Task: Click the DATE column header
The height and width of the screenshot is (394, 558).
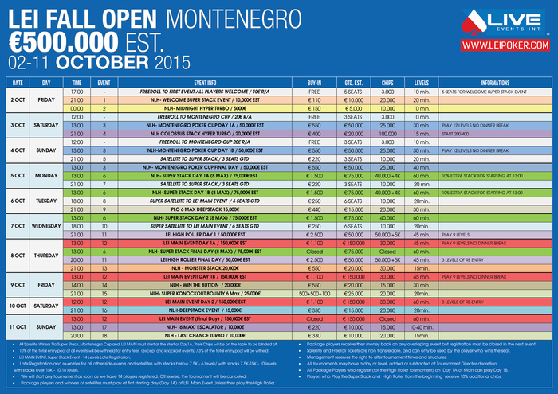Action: [17, 82]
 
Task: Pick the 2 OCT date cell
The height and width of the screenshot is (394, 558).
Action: [17, 99]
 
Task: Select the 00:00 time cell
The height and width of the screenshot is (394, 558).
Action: [77, 108]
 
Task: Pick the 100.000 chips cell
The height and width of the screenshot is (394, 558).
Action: [387, 134]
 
